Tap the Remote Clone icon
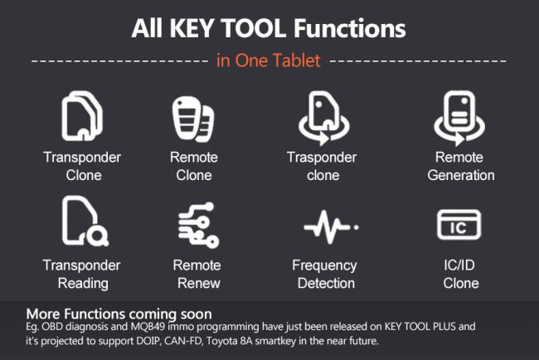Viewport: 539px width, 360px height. [193, 117]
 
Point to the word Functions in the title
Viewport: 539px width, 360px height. [353, 29]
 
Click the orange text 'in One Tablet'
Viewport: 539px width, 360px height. [269, 61]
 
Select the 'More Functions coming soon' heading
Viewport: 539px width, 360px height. [119, 314]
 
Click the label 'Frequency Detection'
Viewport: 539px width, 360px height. [324, 275]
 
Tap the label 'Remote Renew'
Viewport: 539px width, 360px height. [197, 275]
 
